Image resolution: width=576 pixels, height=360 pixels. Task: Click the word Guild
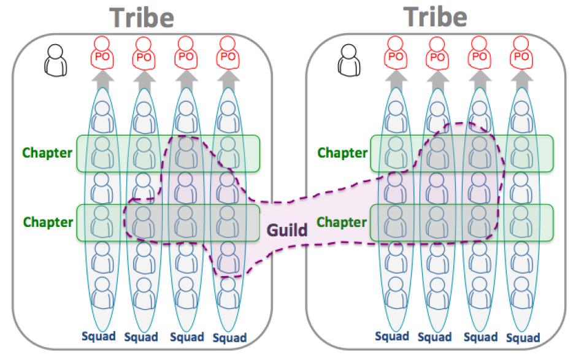[286, 231]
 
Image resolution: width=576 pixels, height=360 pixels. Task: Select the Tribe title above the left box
[142, 17]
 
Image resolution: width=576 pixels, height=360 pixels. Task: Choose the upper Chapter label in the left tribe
[47, 153]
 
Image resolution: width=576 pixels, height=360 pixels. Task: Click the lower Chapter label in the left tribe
[47, 221]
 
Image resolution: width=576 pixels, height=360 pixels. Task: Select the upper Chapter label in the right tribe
[341, 152]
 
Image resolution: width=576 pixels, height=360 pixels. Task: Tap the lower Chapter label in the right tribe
[341, 221]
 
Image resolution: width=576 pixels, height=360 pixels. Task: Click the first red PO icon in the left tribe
[102, 53]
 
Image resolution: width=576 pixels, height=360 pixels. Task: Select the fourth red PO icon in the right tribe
[521, 53]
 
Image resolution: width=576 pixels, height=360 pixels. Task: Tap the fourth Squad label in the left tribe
[229, 337]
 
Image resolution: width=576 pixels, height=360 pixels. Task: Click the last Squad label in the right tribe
[523, 337]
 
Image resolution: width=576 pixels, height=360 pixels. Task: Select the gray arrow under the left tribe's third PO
[186, 79]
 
